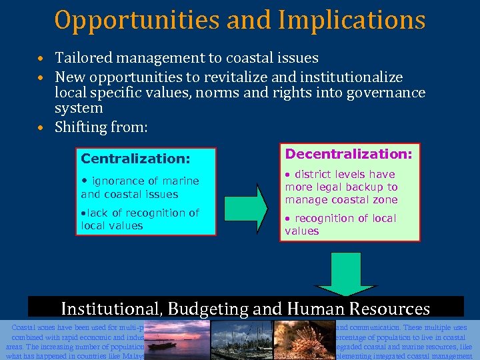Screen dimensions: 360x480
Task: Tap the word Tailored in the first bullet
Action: point(84,58)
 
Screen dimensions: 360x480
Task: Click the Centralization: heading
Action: point(135,159)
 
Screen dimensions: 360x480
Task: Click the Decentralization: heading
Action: point(349,154)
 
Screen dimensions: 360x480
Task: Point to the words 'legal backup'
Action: point(364,187)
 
